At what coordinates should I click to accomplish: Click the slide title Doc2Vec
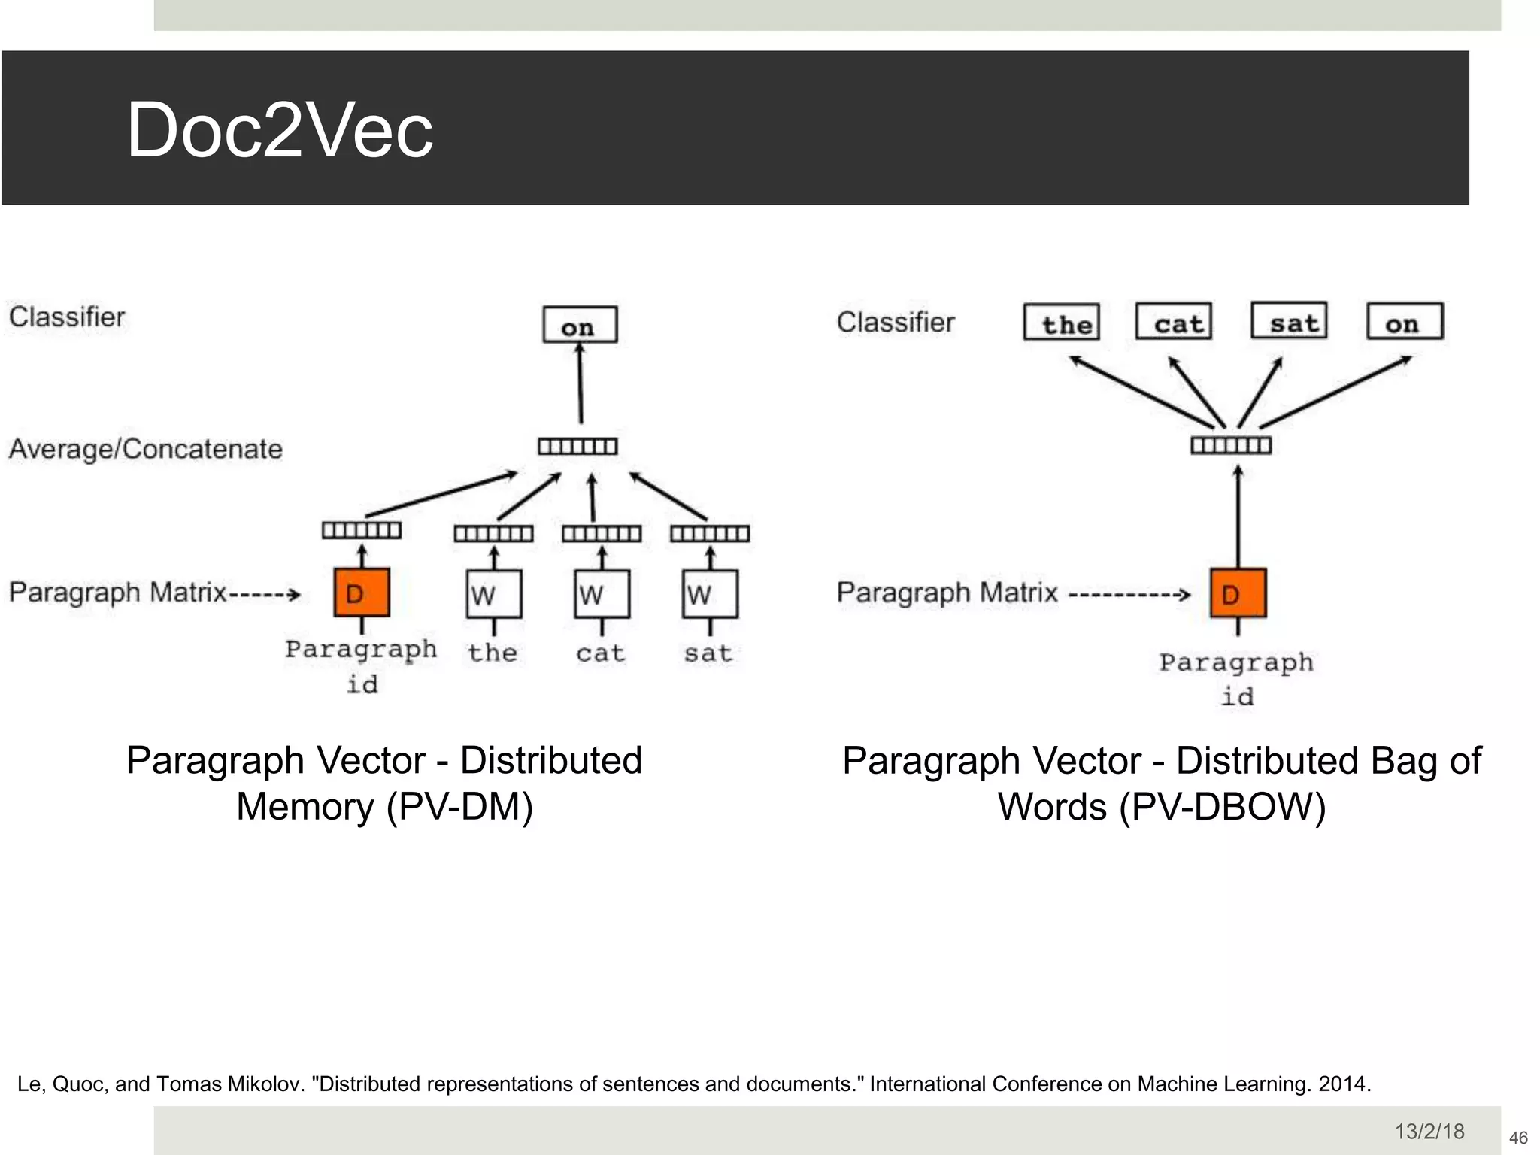tap(280, 130)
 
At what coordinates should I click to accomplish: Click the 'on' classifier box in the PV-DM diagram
tap(580, 325)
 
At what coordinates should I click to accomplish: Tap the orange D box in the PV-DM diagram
tap(361, 593)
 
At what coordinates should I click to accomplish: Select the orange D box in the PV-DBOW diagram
tap(1238, 594)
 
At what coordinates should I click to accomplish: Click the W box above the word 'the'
tap(493, 594)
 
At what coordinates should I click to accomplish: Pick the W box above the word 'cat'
tap(602, 594)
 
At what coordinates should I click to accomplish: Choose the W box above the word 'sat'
tap(710, 594)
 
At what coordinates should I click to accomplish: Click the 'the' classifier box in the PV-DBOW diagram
tap(1062, 323)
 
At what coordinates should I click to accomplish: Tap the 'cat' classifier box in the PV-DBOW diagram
tap(1174, 322)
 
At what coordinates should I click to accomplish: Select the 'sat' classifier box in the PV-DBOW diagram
tap(1290, 321)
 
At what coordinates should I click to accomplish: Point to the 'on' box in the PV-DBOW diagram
tap(1405, 322)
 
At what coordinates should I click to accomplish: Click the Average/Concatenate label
tap(146, 449)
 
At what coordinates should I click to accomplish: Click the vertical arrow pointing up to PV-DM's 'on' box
tap(580, 383)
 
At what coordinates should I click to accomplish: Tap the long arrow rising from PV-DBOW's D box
tap(1238, 519)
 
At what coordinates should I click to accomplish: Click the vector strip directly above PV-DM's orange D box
tap(362, 531)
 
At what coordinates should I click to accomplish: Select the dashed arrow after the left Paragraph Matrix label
tap(265, 595)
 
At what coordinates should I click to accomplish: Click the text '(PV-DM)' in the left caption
tap(459, 807)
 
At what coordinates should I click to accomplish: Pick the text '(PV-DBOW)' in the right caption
tap(1222, 807)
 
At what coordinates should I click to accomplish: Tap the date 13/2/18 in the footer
tap(1429, 1132)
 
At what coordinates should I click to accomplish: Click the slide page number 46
tap(1518, 1138)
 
